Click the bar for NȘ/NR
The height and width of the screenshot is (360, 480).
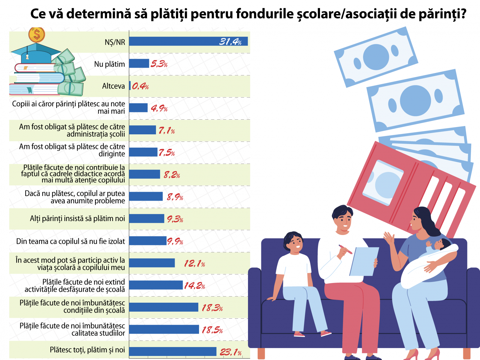coord(188,41)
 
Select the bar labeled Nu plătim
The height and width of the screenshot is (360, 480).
coord(139,63)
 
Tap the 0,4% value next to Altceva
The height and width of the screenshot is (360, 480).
coord(140,86)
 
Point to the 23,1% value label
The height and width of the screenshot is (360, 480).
coord(230,352)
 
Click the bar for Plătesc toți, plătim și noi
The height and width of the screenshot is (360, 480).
coord(173,351)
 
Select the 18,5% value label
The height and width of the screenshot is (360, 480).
coord(212,330)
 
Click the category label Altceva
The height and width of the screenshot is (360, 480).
coord(113,86)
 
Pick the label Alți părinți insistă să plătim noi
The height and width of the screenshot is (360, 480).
coord(77,219)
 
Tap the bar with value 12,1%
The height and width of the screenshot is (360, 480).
coord(152,263)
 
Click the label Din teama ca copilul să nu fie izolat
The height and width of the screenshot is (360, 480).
coord(71,241)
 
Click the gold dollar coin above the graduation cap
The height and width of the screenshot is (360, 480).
coord(37,34)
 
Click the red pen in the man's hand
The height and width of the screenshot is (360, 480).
coord(345,249)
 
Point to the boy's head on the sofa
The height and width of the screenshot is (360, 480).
coord(293,242)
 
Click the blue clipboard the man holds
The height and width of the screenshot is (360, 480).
coord(364,261)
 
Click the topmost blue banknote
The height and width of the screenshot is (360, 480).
coord(376,57)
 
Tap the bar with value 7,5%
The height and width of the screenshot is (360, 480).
coord(143,152)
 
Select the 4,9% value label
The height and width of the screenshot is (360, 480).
coord(159,108)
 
